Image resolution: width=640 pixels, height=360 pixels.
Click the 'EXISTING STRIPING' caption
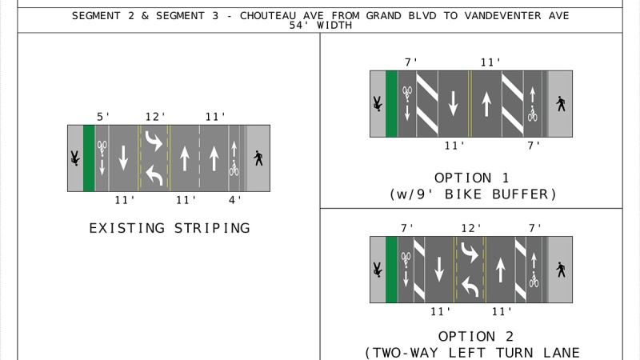coord(169,228)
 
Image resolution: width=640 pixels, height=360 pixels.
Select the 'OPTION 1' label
coord(471,178)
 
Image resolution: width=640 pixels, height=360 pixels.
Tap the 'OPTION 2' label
coord(471,336)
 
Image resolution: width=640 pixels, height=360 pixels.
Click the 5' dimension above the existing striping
coord(104,117)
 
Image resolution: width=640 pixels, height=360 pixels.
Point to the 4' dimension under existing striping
coord(235,200)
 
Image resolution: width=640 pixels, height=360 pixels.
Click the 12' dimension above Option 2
coord(470,228)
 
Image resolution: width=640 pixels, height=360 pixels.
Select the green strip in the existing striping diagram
coord(89,158)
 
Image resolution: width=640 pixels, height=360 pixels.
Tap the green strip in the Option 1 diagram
coord(392,103)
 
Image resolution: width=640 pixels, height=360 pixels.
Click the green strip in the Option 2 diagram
coord(391,270)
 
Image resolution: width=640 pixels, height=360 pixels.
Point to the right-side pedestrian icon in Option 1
coord(560,103)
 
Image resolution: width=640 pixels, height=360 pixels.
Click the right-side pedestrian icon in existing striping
coord(258,158)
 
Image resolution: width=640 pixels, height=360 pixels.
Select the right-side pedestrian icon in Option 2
coord(560,270)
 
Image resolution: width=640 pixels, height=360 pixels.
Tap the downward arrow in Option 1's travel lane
coord(453,103)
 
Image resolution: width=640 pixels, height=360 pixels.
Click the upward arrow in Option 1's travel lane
coord(486,103)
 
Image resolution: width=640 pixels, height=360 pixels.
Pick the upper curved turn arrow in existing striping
coord(153,143)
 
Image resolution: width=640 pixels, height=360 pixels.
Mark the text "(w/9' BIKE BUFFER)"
coord(471,194)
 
